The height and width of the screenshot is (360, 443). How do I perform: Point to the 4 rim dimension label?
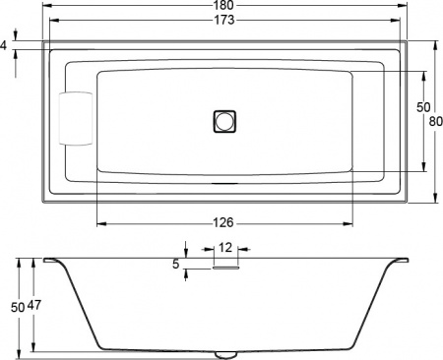5,46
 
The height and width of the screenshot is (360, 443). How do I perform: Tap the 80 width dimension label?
435,120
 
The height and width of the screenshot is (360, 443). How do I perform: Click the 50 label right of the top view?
423,106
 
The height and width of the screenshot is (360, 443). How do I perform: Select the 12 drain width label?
225,248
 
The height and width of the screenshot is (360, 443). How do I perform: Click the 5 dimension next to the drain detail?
175,264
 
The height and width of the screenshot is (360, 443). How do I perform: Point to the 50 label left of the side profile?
17,307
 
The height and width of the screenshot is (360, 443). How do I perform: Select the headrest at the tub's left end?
77,121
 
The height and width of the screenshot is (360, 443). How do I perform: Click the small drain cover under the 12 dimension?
225,265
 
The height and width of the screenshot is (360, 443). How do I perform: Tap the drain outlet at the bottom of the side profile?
225,353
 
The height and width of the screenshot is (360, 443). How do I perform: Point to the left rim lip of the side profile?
51,262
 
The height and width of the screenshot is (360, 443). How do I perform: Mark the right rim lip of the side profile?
400,262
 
